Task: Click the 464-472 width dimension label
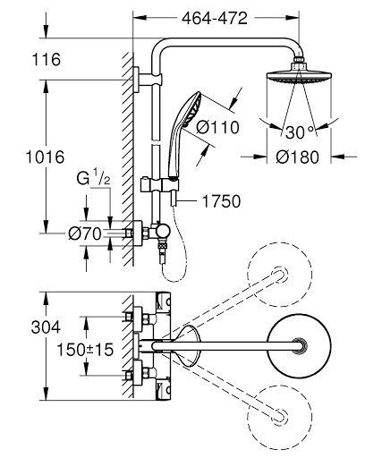pos(216,17)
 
